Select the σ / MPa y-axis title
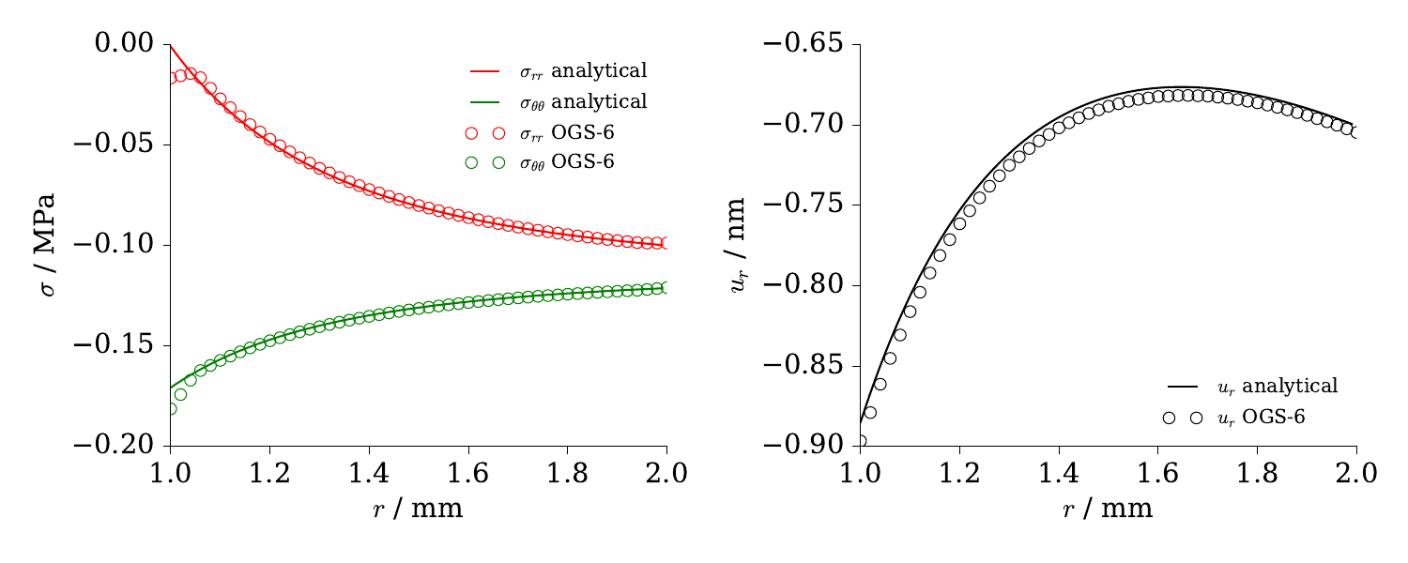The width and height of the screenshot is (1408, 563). [x=47, y=244]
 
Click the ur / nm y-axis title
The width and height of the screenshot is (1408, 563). [x=739, y=244]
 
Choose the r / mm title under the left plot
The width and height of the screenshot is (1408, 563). [x=418, y=510]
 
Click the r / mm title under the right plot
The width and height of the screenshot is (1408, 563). [x=1108, y=510]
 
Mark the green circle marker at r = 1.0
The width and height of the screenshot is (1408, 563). [x=170, y=408]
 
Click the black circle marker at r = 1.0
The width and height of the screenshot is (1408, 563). [x=860, y=440]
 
